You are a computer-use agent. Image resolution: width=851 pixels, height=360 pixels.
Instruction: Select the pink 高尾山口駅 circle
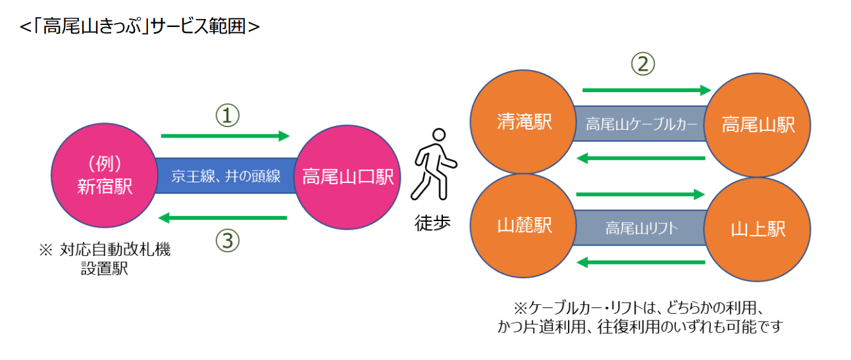pyautogui.click(x=348, y=176)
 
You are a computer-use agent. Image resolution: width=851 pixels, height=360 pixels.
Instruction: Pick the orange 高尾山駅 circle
pyautogui.click(x=758, y=124)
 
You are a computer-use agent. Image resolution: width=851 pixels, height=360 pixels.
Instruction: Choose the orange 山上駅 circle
pyautogui.click(x=758, y=229)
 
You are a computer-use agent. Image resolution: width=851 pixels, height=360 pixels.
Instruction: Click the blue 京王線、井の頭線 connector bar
pyautogui.click(x=226, y=176)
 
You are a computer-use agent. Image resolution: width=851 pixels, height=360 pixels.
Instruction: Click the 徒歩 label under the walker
pyautogui.click(x=432, y=223)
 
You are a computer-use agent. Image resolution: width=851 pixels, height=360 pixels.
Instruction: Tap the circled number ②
pyautogui.click(x=643, y=64)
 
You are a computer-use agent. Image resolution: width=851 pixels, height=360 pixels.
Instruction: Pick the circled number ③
pyautogui.click(x=227, y=241)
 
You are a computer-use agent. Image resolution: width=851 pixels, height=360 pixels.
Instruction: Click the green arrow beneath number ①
pyautogui.click(x=225, y=136)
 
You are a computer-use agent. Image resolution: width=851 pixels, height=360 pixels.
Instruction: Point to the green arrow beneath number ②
pyautogui.click(x=646, y=90)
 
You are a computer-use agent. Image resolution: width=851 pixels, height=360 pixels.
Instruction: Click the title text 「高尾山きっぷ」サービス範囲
pyautogui.click(x=140, y=26)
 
